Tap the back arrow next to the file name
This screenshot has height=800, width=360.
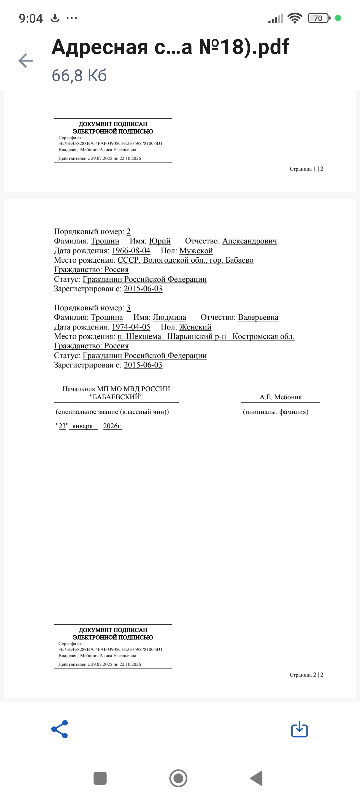pyautogui.click(x=26, y=61)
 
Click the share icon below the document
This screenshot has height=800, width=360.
pyautogui.click(x=60, y=729)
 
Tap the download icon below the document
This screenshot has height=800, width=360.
pyautogui.click(x=299, y=729)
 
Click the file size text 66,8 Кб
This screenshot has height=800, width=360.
pyautogui.click(x=79, y=76)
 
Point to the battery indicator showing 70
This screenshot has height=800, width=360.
pyautogui.click(x=319, y=18)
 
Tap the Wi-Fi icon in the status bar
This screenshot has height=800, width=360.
pyautogui.click(x=295, y=18)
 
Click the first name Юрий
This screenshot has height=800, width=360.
pyautogui.click(x=160, y=241)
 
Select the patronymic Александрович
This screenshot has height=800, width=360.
pyautogui.click(x=249, y=241)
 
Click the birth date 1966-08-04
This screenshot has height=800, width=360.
pyautogui.click(x=131, y=251)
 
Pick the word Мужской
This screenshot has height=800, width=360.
pyautogui.click(x=196, y=251)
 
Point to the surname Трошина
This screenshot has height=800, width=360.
pyautogui.click(x=107, y=317)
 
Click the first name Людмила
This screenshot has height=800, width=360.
pyautogui.click(x=169, y=317)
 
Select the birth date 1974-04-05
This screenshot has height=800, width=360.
pyautogui.click(x=131, y=327)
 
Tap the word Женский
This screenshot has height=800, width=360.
pyautogui.click(x=195, y=327)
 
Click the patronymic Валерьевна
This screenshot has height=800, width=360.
pyautogui.click(x=258, y=317)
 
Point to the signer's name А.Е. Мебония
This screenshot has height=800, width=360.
pyautogui.click(x=281, y=397)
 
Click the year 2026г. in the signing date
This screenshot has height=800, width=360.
pyautogui.click(x=113, y=426)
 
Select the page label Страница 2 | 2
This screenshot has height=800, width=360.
pyautogui.click(x=306, y=675)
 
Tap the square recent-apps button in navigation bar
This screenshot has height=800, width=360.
pyautogui.click(x=100, y=778)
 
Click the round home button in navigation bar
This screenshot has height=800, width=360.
pyautogui.click(x=178, y=778)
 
